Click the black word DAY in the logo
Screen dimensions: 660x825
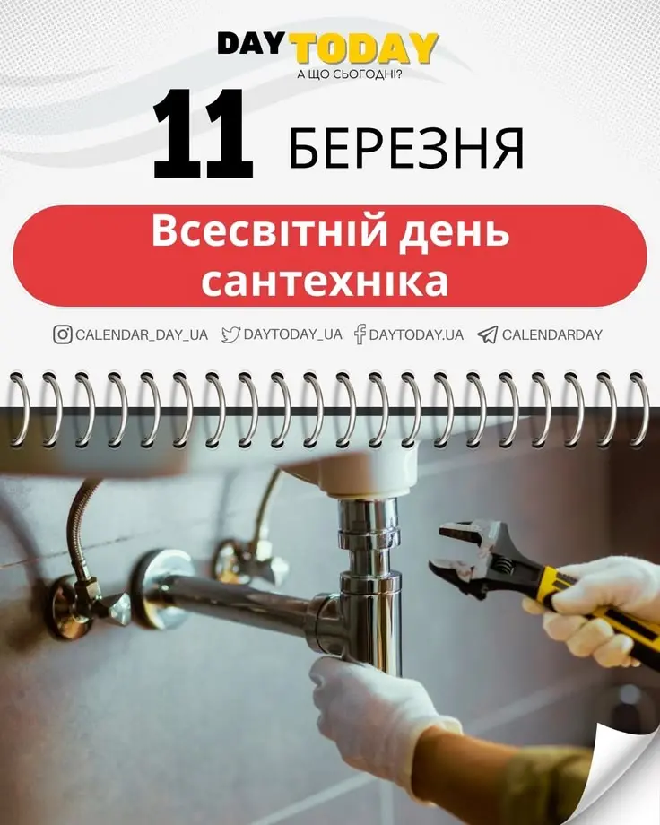(248, 44)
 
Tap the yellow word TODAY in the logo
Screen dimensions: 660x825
(365, 48)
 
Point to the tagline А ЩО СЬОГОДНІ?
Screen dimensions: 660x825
(350, 74)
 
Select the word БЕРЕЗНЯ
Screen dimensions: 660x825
(406, 148)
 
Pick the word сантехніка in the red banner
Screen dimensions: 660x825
(325, 282)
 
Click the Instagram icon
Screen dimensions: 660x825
(63, 334)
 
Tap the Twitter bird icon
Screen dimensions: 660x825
(230, 334)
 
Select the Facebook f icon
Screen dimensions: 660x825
(360, 334)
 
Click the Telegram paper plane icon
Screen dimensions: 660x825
(487, 334)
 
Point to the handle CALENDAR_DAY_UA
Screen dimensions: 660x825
(142, 335)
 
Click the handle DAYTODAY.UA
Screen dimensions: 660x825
(416, 334)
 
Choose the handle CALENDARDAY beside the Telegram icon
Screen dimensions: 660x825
(552, 334)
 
